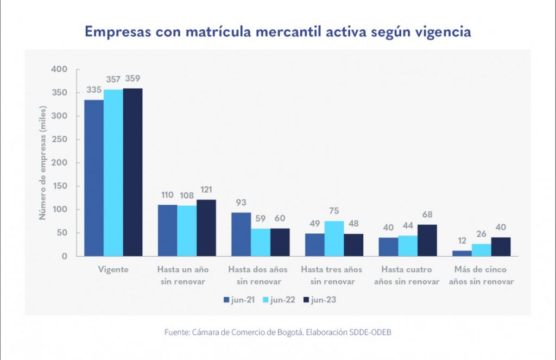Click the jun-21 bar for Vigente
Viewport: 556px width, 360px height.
tap(93, 178)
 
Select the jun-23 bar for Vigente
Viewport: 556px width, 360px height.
tap(132, 172)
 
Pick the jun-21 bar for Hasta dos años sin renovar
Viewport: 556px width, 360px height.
tap(241, 234)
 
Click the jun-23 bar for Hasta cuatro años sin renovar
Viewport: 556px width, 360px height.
tap(427, 240)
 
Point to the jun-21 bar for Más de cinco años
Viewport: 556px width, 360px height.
tap(462, 253)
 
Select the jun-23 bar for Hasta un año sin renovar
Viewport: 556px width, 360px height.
tap(206, 228)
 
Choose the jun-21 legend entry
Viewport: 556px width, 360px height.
tap(239, 300)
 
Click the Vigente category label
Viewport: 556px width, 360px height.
tap(113, 269)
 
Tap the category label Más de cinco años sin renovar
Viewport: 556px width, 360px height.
tap(481, 275)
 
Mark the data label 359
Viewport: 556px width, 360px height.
tap(133, 79)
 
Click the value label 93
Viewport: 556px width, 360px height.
tap(241, 203)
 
